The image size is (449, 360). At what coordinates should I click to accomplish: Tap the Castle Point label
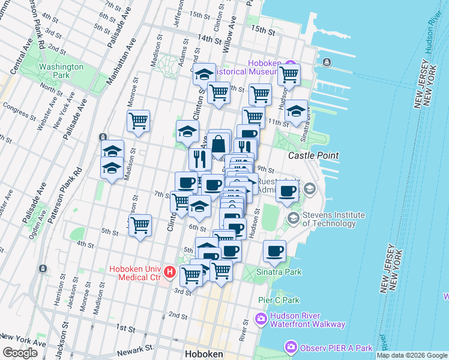click(313, 155)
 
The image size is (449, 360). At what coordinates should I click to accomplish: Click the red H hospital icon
click(169, 273)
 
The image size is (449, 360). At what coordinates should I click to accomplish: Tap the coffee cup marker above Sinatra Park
click(275, 251)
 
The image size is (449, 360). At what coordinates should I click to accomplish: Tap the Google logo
click(19, 353)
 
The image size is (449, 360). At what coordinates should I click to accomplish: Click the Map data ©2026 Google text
click(412, 355)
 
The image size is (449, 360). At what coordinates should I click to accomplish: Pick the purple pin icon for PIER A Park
click(291, 347)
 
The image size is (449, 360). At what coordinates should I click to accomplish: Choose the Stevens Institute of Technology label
click(334, 219)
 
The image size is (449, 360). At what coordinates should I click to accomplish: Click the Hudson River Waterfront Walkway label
click(307, 320)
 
